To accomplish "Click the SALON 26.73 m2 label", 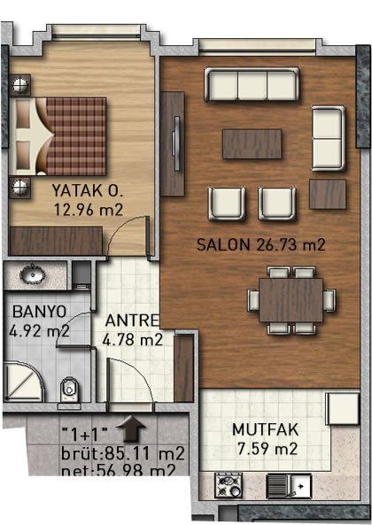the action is [260, 244].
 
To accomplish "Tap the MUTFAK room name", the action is [266, 430].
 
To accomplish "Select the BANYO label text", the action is [40, 312].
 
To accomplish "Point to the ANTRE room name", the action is [132, 320].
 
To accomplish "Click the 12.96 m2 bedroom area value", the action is [89, 210].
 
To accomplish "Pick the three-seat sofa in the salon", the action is [252, 84].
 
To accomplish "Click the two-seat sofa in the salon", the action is [329, 138].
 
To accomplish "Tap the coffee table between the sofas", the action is [252, 144].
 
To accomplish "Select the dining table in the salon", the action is [291, 300].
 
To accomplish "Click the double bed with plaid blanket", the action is [58, 136].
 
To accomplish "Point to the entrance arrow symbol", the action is [131, 428].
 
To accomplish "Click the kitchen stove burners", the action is [229, 485].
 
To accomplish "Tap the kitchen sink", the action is [290, 486].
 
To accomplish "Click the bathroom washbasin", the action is [33, 275].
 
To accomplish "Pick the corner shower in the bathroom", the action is [23, 382].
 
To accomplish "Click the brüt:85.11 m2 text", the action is [122, 453].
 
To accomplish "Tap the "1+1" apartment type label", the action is [85, 435].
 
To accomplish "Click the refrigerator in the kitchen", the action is [343, 409].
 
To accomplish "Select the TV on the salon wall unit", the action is [176, 143].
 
